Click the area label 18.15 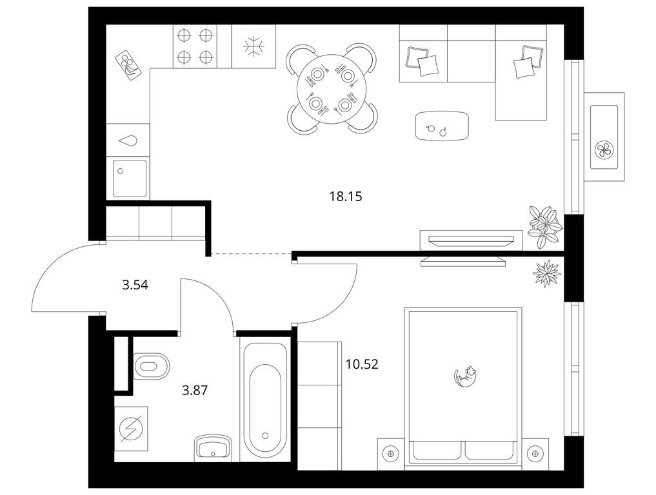pyautogui.click(x=346, y=196)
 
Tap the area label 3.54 pyautogui.click(x=135, y=286)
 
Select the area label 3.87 pyautogui.click(x=195, y=391)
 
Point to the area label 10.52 pyautogui.click(x=362, y=364)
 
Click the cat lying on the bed pyautogui.click(x=466, y=375)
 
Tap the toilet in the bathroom pyautogui.click(x=152, y=366)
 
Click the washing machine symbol pyautogui.click(x=131, y=429)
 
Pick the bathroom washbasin pyautogui.click(x=213, y=447)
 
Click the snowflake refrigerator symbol pyautogui.click(x=254, y=46)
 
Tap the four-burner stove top pyautogui.click(x=195, y=46)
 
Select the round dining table pyautogui.click(x=332, y=89)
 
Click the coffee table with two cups pyautogui.click(x=442, y=126)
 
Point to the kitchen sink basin pyautogui.click(x=130, y=179)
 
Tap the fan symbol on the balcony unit pyautogui.click(x=604, y=150)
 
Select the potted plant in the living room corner pyautogui.click(x=544, y=227)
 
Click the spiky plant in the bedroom pyautogui.click(x=546, y=273)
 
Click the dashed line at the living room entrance pyautogui.click(x=251, y=254)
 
